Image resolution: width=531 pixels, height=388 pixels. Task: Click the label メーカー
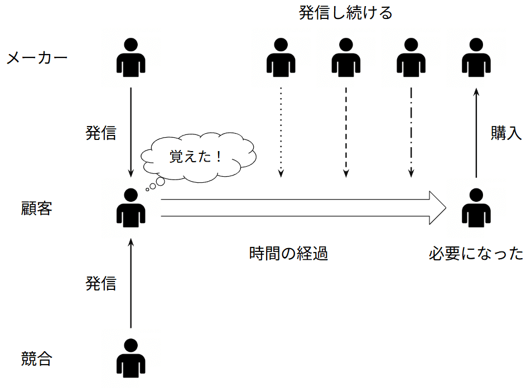37,58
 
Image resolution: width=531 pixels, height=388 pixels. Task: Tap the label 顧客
37,209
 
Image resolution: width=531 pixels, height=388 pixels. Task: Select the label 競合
37,358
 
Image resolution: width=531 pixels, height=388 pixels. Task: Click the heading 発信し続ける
345,13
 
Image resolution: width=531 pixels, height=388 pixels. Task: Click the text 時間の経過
288,254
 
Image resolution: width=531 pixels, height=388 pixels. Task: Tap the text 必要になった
476,254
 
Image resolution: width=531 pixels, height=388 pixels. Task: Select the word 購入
506,133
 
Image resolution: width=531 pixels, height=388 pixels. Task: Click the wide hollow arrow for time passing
301,208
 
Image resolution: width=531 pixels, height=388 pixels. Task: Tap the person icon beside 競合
131,358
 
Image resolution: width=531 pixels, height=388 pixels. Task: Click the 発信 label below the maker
101,133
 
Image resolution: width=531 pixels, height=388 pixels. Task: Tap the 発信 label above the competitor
101,283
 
